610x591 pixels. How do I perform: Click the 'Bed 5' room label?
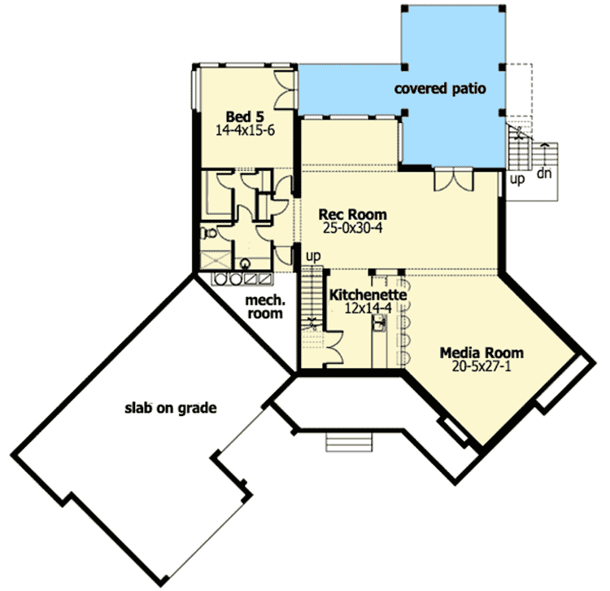coord(245,116)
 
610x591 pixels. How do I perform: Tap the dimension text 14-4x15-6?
coord(245,130)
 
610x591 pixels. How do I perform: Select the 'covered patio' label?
coord(440,89)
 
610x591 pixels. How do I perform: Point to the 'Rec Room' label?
coord(352,214)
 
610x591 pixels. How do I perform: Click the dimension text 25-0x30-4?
coord(352,228)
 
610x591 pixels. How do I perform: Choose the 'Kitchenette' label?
coord(368,295)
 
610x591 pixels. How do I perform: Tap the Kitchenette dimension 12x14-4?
coord(368,308)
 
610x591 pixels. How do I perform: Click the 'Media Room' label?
coord(481,352)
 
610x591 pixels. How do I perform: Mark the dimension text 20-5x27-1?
coord(481,366)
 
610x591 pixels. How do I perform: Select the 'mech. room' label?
coord(265,307)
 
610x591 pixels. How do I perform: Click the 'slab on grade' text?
coord(171,408)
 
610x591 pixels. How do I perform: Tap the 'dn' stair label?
coord(544,173)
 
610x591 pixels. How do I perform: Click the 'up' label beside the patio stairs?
coord(517,179)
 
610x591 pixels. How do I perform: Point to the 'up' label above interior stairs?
coord(313,256)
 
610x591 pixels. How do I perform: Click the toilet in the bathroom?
coord(208,233)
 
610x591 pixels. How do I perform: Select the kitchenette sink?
coord(379,323)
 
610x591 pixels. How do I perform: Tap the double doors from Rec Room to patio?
coord(454,180)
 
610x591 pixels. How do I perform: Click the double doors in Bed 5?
coord(284,90)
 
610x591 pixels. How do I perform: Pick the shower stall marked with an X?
coord(216,260)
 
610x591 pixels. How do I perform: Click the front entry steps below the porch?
coord(349,442)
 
